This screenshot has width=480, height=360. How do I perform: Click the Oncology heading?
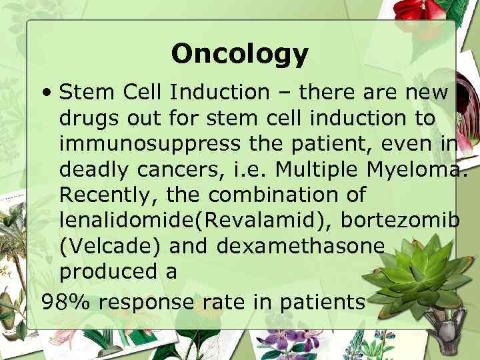[x=240, y=54]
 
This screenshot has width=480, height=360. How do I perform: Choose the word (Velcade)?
[x=110, y=246]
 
